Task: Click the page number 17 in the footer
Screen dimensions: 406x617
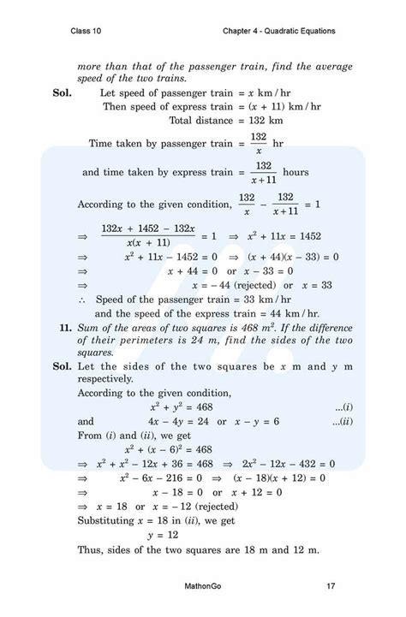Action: [331, 586]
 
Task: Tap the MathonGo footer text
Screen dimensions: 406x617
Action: [202, 586]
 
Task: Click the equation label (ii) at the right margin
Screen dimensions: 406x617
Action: [343, 422]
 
